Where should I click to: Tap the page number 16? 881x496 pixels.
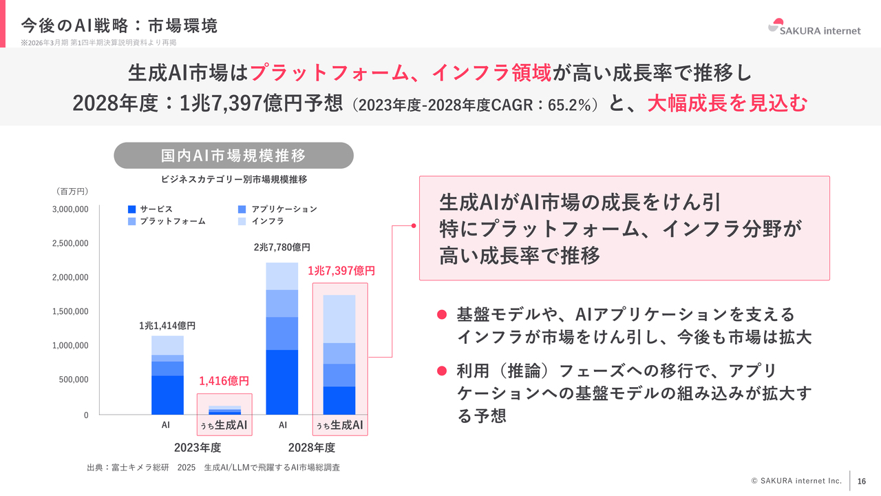pos(861,481)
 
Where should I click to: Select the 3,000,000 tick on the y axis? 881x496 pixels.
pos(70,209)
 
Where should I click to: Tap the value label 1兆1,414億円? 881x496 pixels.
pos(167,325)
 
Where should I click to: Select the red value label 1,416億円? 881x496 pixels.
pos(224,380)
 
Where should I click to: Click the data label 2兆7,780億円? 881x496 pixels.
pos(282,247)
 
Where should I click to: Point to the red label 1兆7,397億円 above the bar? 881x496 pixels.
pos(341,271)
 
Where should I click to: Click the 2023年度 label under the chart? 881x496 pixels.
pos(197,448)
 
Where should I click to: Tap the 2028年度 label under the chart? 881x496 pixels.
pos(311,448)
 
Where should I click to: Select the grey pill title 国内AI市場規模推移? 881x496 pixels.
pos(233,156)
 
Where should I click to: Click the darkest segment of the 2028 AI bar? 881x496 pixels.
pos(282,382)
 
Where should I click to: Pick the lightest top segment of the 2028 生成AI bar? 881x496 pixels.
pos(339,319)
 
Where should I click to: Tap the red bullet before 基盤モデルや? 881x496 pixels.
pos(443,315)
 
